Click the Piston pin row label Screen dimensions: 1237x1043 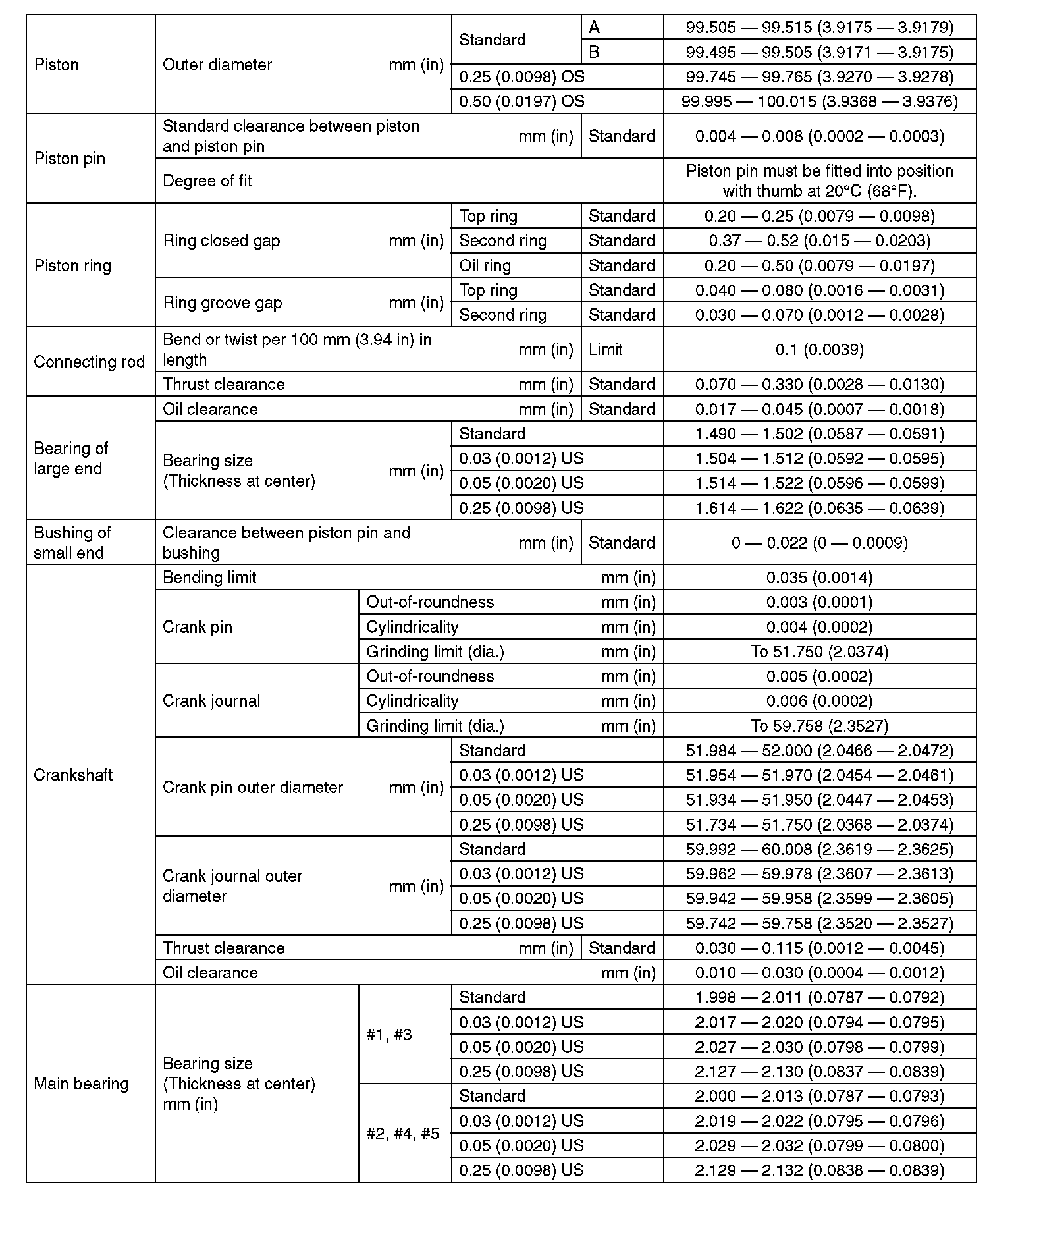pos(69,159)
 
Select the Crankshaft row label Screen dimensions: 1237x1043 pos(73,775)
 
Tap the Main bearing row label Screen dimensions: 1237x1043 pos(81,1084)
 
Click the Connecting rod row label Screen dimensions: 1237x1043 pos(89,362)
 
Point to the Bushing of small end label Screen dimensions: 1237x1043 pos(72,542)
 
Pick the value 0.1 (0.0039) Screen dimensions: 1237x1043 pos(819,350)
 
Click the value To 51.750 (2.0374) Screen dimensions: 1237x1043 pos(819,651)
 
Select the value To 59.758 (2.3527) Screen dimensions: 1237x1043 pos(819,726)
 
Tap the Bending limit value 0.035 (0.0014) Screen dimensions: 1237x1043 pos(819,578)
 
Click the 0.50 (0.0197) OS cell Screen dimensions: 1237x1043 pos(521,101)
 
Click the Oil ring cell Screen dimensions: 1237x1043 pos(485,265)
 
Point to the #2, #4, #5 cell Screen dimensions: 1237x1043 pos(402,1134)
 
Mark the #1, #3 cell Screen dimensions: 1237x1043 pos(389,1035)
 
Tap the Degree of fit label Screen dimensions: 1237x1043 pos(207,181)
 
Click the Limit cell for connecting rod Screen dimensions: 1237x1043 pos(605,350)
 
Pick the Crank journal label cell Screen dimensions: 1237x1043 pos(211,701)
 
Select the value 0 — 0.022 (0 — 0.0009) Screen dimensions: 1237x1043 pos(819,543)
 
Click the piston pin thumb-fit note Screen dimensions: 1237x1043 pos(819,181)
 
